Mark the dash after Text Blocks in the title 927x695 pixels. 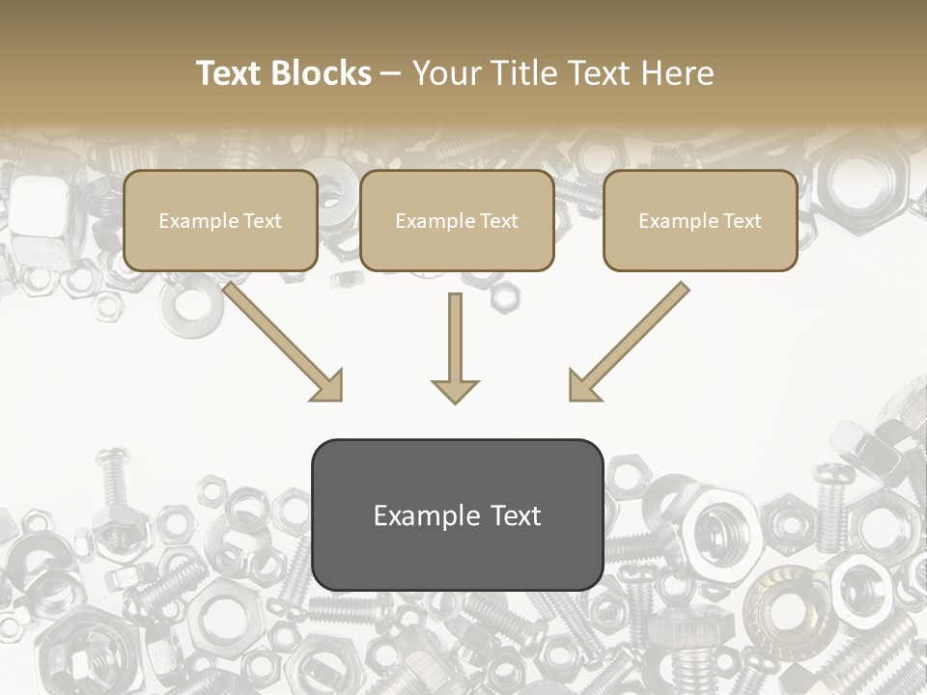pos(391,74)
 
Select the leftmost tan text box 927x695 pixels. pos(220,220)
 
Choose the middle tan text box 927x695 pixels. pos(457,220)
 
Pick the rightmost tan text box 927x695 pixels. pos(700,220)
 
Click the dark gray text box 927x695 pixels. pos(457,514)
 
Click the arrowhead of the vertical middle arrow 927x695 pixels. pos(455,391)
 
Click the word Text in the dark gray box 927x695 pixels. pos(516,515)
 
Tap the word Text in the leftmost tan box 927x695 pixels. pos(263,221)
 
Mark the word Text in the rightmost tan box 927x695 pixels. pos(743,221)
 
